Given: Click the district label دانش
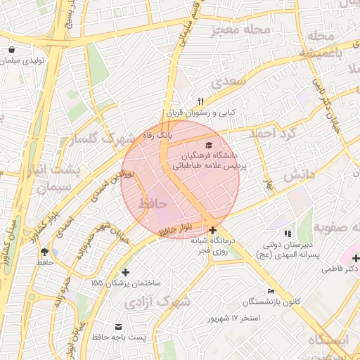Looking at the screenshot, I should [x=299, y=176].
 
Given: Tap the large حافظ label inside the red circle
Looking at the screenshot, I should [x=154, y=202].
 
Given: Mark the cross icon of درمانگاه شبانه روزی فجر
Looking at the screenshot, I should [x=212, y=229].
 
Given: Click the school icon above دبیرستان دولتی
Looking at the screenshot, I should [x=287, y=233].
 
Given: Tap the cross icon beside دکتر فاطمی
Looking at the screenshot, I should [x=355, y=258].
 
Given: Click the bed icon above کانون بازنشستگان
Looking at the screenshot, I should [x=271, y=292].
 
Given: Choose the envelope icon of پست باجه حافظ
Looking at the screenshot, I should [x=117, y=327].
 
